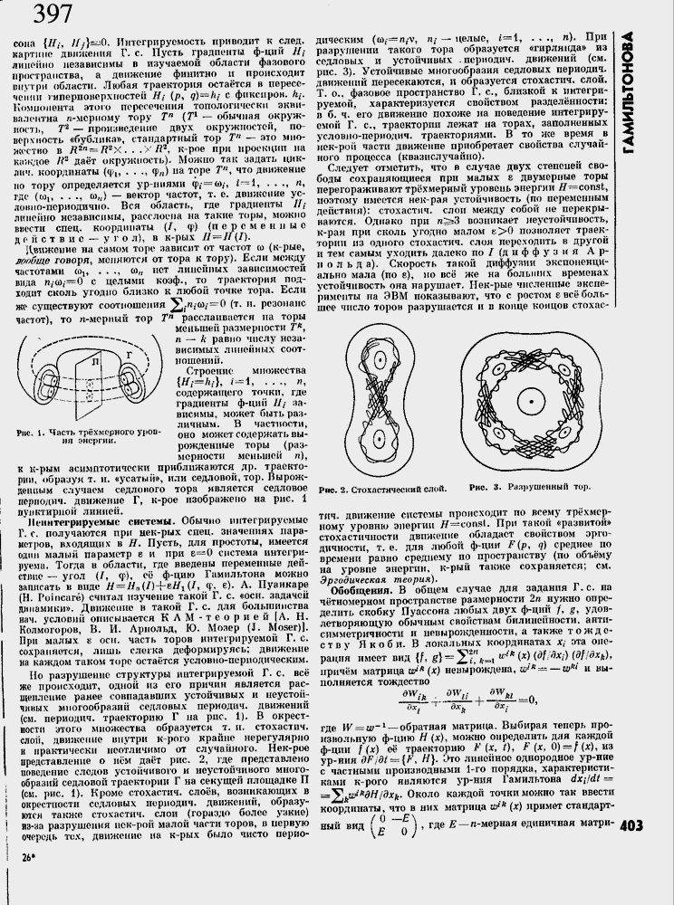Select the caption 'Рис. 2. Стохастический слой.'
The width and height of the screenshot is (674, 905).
click(x=383, y=490)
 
